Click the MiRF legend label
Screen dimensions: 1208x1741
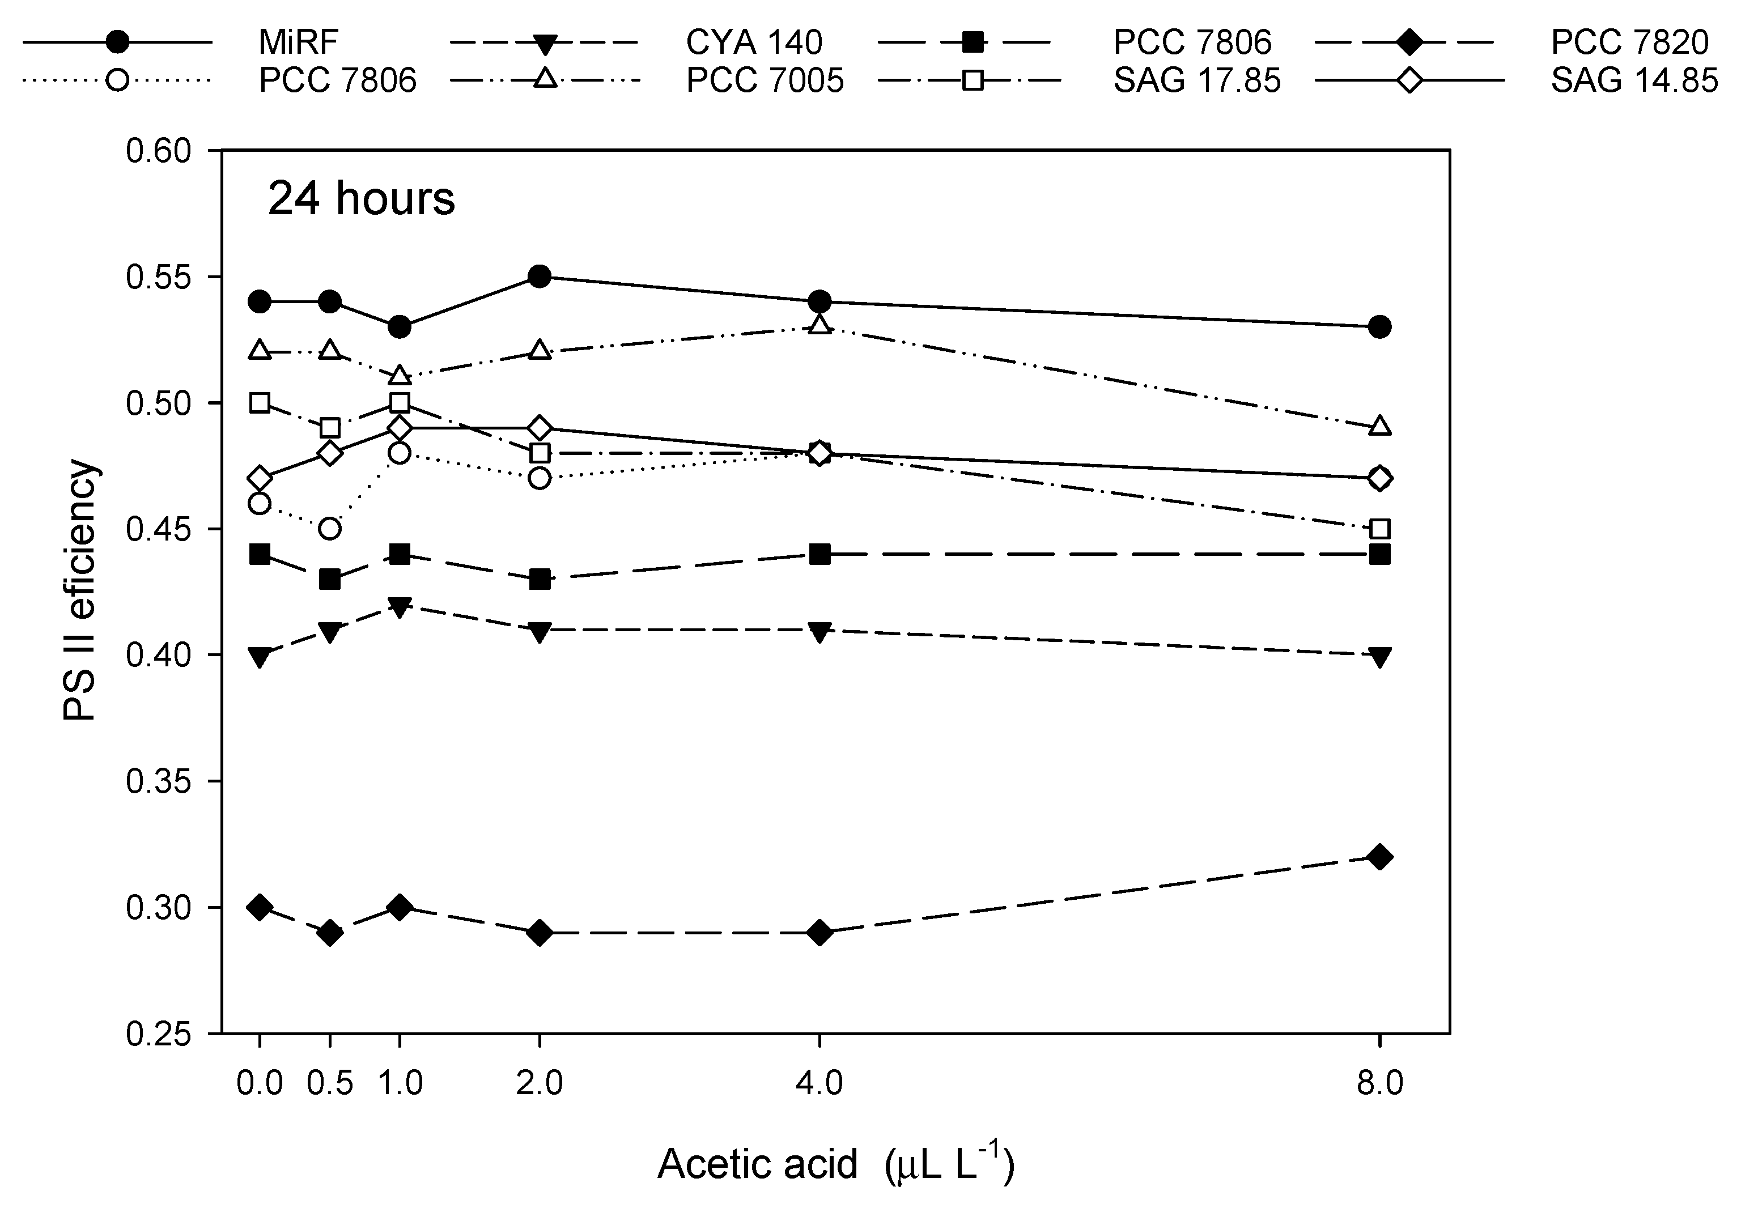[x=298, y=42]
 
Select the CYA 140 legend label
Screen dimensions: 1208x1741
[x=753, y=42]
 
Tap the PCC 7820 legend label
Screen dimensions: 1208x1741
[x=1629, y=42]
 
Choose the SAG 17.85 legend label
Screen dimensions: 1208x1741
[x=1197, y=81]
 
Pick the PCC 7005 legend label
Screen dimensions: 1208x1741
[x=765, y=81]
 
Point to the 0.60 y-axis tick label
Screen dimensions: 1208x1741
[x=158, y=151]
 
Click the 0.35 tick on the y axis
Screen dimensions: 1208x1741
[x=158, y=782]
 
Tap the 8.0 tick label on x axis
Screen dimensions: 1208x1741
[x=1379, y=1084]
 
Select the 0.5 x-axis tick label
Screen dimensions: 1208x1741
[x=329, y=1084]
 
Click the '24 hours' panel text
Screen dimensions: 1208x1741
[x=361, y=199]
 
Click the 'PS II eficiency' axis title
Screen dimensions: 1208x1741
[x=80, y=590]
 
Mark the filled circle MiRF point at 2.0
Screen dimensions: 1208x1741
[x=539, y=277]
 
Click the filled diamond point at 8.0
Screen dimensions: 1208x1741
[x=1379, y=857]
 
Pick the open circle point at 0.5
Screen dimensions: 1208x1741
[x=329, y=528]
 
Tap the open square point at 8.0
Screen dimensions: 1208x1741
[x=1379, y=528]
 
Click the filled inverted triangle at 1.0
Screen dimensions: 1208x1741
[x=400, y=606]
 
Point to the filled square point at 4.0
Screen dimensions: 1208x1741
[x=819, y=554]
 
